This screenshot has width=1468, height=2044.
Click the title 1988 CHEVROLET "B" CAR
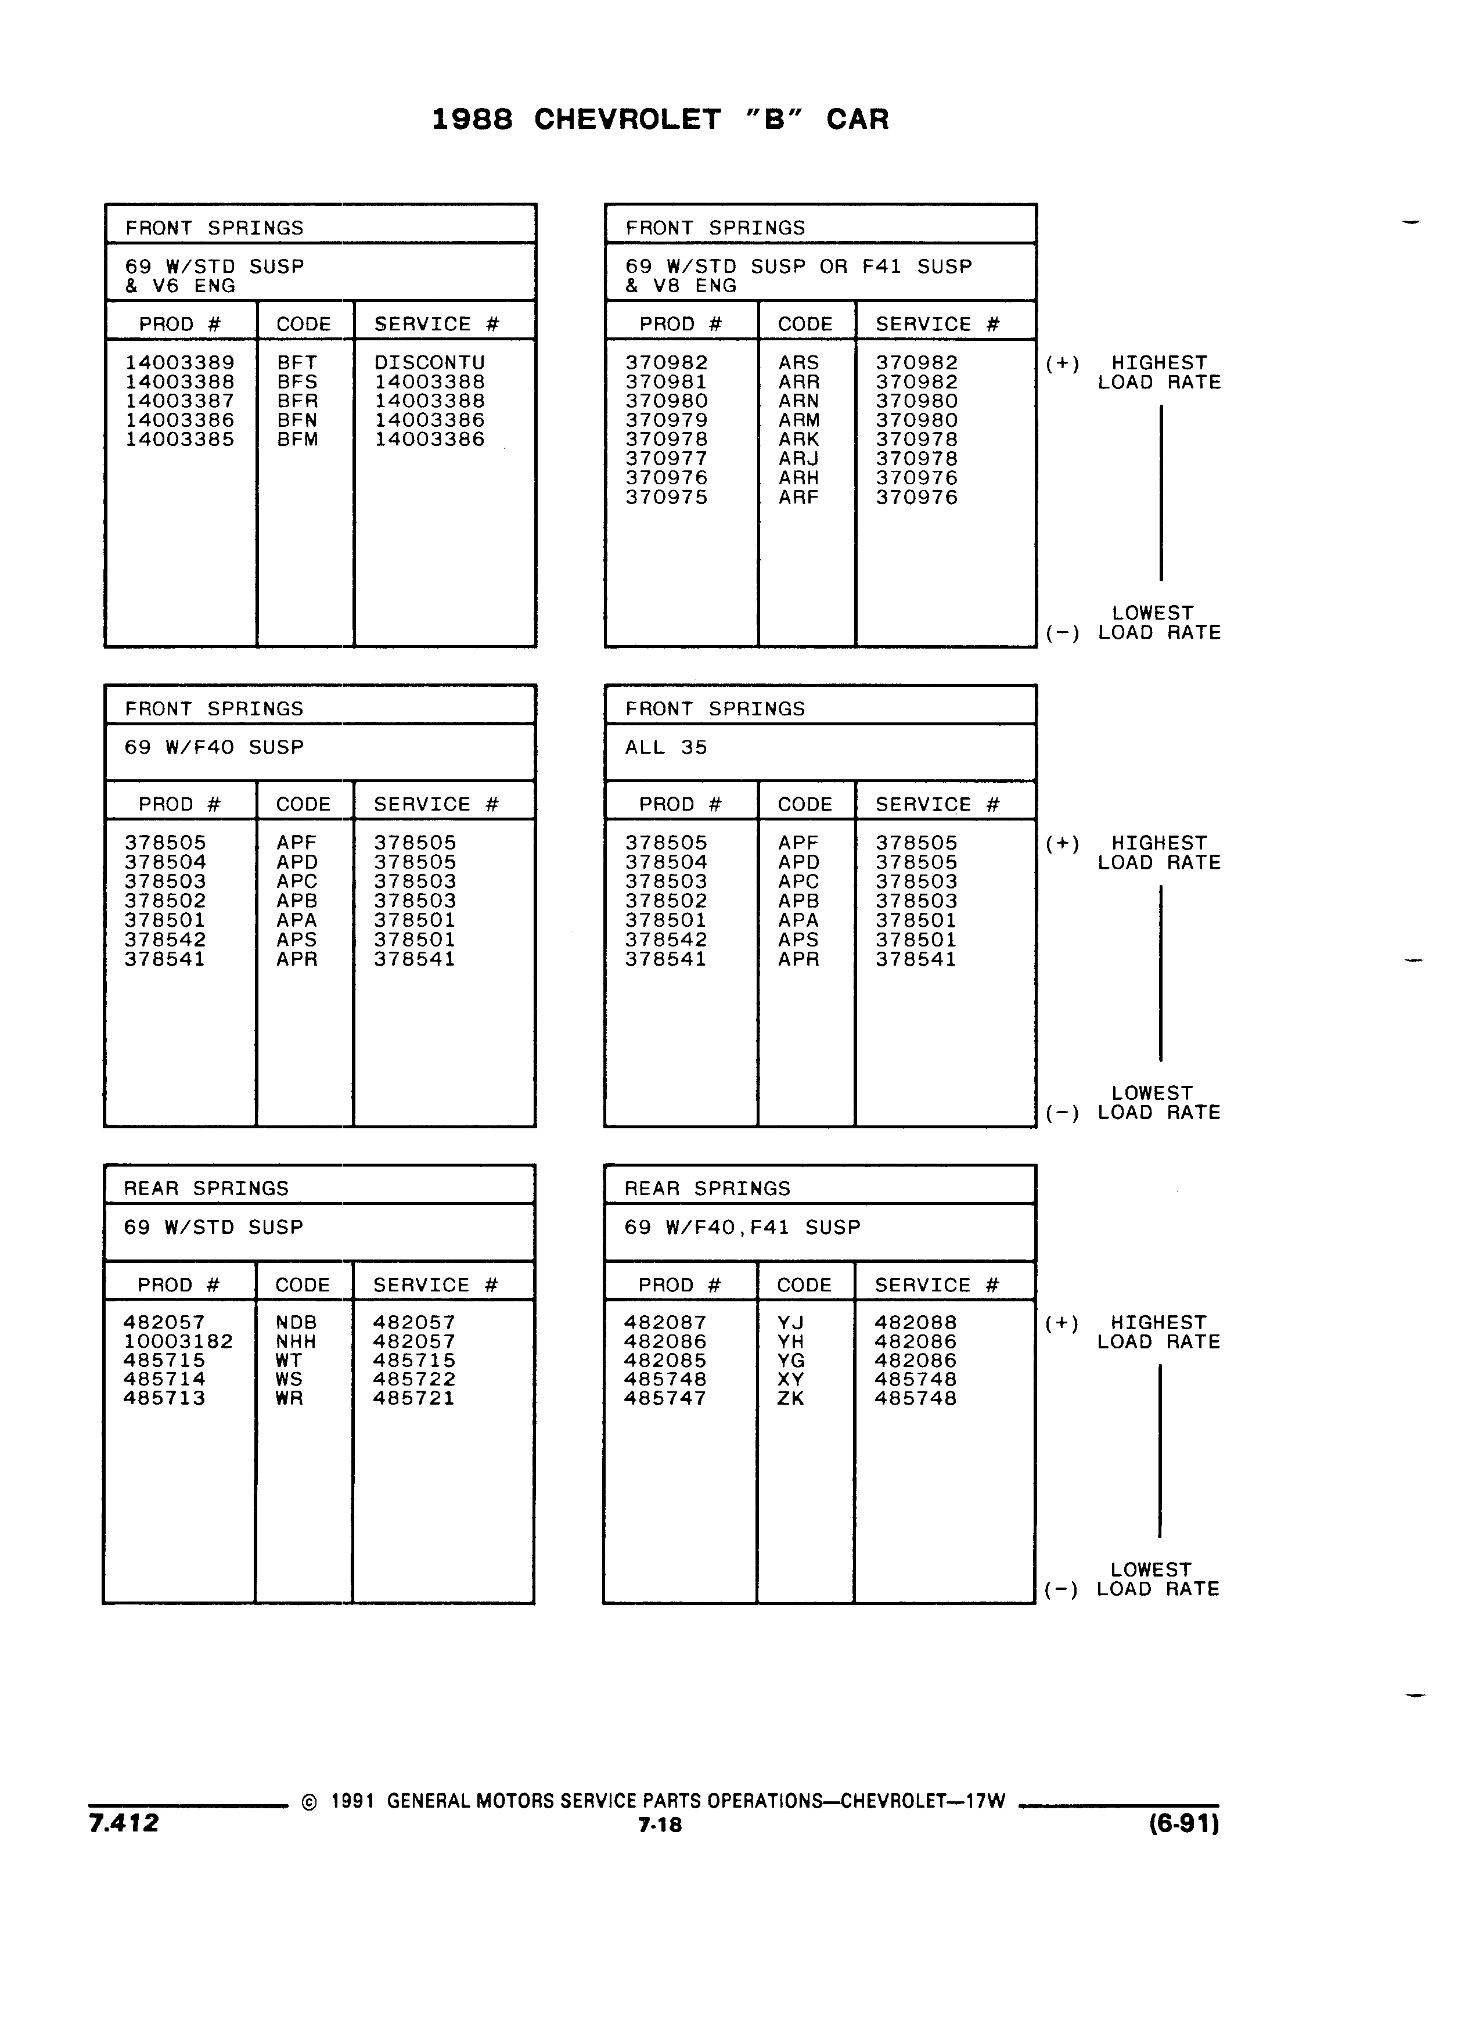660,119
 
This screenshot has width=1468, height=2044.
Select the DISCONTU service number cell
430,362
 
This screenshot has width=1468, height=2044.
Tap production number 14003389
179,362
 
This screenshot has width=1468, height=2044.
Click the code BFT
297,362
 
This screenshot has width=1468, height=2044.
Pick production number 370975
667,498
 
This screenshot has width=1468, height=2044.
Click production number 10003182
178,1341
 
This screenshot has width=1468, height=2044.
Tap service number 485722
415,1379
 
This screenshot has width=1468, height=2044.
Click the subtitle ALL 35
667,747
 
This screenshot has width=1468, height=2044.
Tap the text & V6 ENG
180,286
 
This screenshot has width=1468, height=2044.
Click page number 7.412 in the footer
124,1822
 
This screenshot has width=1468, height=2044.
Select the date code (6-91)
1184,1823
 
